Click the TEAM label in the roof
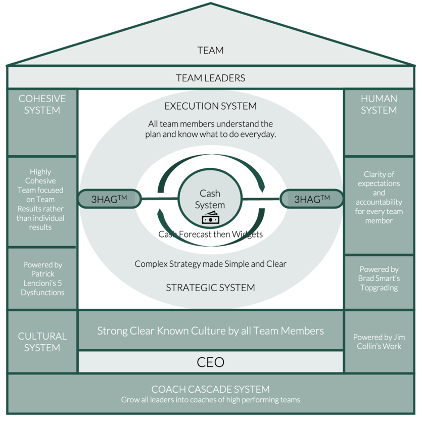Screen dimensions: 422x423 tap(210, 51)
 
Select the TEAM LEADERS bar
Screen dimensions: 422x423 tap(210, 77)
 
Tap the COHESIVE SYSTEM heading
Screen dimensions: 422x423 tap(42, 105)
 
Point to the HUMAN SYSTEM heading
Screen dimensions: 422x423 tap(379, 105)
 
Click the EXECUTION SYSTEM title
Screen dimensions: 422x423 tap(210, 106)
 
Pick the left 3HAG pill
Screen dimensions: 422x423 tap(109, 199)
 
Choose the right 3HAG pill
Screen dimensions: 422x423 tap(312, 199)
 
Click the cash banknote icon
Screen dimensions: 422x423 tap(210, 218)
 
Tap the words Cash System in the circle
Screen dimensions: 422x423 tap(210, 199)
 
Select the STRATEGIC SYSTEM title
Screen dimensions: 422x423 tap(210, 288)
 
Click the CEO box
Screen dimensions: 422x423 tap(210, 362)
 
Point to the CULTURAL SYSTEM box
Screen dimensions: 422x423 tap(42, 342)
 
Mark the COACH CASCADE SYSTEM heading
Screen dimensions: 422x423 tap(210, 389)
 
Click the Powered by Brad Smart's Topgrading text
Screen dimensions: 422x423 tap(379, 278)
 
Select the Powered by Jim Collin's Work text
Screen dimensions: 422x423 tap(379, 342)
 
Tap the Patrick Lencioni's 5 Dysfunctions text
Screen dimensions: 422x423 tap(42, 283)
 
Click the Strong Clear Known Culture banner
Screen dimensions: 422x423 tap(210, 331)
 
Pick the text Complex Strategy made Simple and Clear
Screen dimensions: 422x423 tap(210, 264)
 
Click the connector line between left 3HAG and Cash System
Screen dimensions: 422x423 tap(160, 199)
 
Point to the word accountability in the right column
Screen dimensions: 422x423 tap(379, 202)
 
